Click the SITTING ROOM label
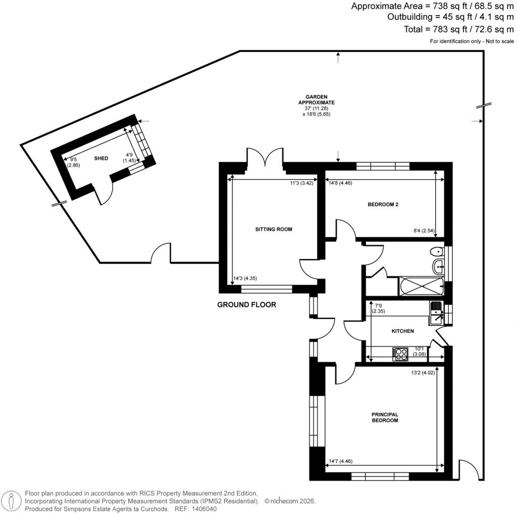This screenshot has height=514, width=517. tap(274, 229)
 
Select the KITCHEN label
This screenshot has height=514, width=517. tap(403, 331)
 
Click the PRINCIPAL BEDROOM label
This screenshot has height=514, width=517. tap(385, 417)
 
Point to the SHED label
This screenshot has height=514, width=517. tap(101, 159)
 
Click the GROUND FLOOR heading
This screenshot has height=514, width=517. tap(246, 304)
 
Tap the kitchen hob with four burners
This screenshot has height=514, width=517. tap(400, 354)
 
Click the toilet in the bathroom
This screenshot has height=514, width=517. tap(436, 251)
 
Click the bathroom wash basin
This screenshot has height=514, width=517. tap(437, 266)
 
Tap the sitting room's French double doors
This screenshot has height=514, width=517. tap(265, 157)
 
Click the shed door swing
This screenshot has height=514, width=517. tap(105, 193)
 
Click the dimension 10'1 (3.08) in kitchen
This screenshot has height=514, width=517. tap(420, 351)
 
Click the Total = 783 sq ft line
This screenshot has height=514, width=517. tap(458, 29)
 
